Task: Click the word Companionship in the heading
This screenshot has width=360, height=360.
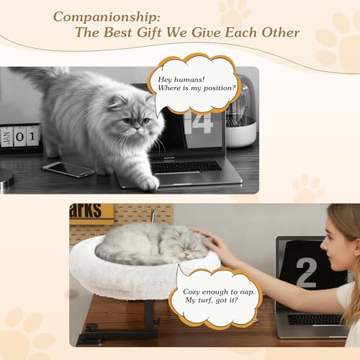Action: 106,15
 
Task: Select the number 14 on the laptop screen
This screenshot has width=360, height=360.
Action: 198,122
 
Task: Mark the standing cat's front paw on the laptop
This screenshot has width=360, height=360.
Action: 148,183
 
